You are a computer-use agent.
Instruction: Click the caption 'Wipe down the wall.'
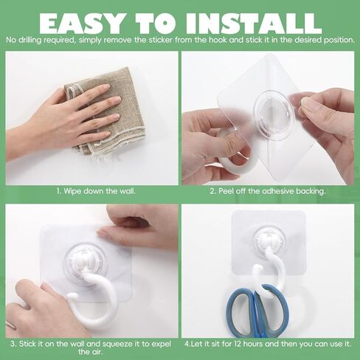click(x=96, y=191)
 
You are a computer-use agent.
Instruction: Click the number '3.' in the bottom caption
click(x=13, y=344)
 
